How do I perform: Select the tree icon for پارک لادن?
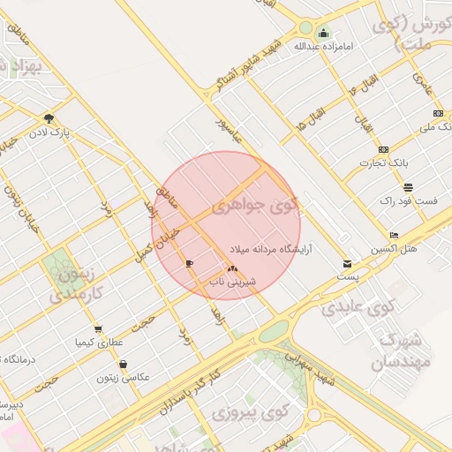(x=49, y=118)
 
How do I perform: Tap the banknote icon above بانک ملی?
(x=439, y=113)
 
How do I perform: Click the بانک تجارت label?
(x=381, y=163)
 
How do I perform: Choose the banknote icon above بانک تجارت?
(x=383, y=149)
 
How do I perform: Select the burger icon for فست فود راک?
(x=408, y=187)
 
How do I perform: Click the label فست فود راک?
(x=409, y=201)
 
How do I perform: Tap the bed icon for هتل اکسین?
(x=394, y=235)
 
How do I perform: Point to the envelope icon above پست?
(x=347, y=263)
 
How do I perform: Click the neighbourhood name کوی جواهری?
(x=256, y=208)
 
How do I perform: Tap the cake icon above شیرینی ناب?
(x=231, y=268)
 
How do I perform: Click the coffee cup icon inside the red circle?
(x=189, y=263)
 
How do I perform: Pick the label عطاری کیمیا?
(x=98, y=340)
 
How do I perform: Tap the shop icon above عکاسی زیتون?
(x=123, y=364)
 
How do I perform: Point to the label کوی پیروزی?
(x=252, y=412)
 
